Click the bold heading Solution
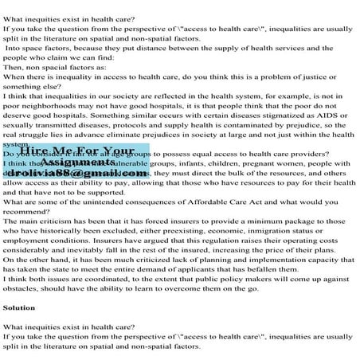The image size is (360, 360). pos(18,307)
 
